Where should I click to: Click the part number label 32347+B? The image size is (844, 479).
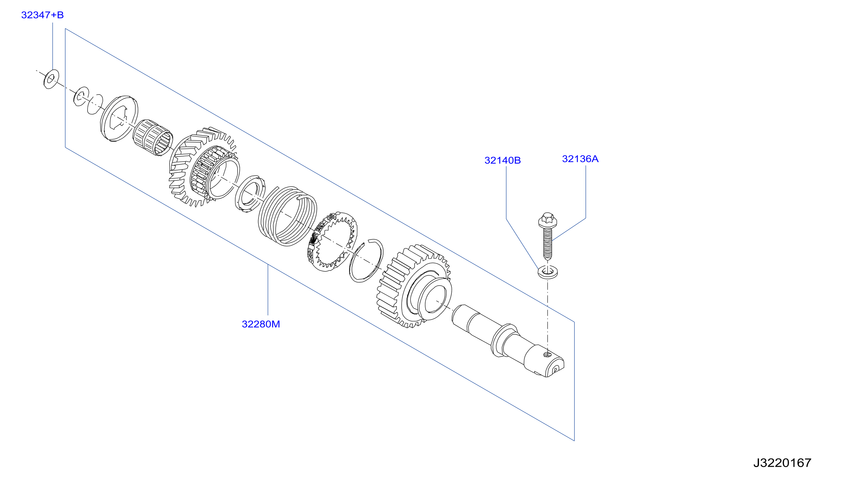(42, 15)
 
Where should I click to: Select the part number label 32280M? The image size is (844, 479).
(261, 324)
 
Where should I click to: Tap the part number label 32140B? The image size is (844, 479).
(502, 160)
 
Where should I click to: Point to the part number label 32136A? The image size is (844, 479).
(580, 159)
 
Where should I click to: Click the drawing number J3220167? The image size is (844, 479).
(782, 463)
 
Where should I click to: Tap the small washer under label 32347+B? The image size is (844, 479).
(51, 79)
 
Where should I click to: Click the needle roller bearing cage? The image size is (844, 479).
(153, 138)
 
